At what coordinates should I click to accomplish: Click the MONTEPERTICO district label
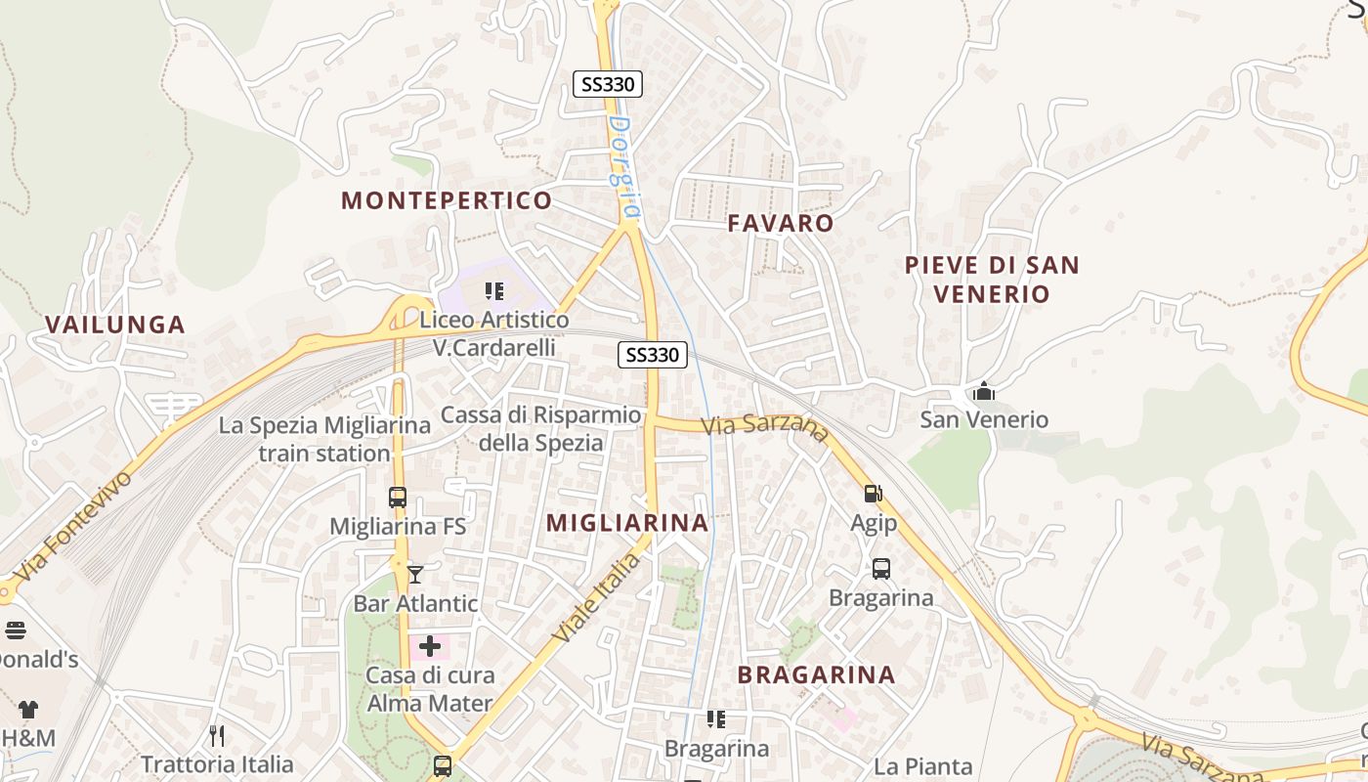point(447,201)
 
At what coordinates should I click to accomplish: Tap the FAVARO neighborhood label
point(781,224)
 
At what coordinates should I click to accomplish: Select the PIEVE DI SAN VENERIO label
point(992,280)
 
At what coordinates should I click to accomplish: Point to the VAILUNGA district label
point(115,326)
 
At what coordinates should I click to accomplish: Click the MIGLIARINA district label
point(627,523)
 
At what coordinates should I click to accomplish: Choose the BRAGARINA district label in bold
point(816,674)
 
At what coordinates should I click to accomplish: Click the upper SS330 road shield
point(607,84)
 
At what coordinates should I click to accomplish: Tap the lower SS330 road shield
point(652,355)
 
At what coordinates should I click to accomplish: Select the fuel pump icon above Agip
point(873,494)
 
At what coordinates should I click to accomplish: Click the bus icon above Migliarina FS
point(397,497)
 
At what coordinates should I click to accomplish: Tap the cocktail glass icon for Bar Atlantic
point(415,574)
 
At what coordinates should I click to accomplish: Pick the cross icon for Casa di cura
point(430,646)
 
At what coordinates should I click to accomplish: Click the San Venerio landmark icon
point(984,392)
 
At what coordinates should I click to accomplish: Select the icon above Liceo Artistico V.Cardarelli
point(494,290)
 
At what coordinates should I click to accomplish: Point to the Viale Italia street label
point(597,597)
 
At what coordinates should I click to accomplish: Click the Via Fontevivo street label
point(73,528)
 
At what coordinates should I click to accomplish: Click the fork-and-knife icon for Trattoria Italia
point(217,735)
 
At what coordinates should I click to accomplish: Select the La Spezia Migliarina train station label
point(324,440)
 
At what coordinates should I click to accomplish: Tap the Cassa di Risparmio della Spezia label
point(540,428)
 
